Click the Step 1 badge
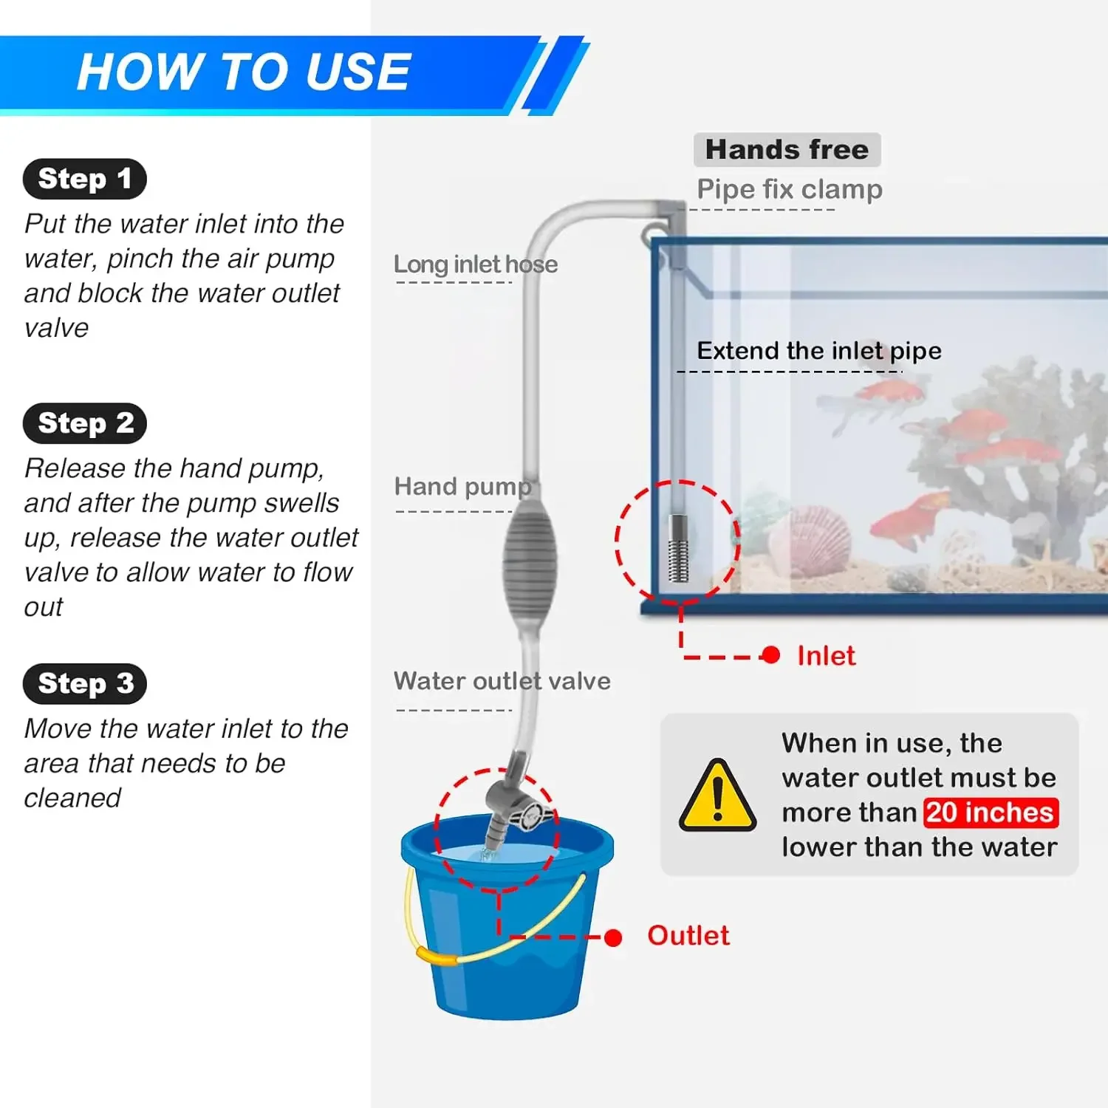click(84, 179)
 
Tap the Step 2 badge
click(85, 423)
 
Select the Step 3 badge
click(85, 683)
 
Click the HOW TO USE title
click(243, 72)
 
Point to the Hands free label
click(787, 150)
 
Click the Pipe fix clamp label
click(789, 190)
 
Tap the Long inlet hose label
click(475, 264)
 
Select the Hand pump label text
click(462, 487)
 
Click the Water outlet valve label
click(502, 681)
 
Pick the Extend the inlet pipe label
click(818, 351)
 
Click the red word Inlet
click(826, 656)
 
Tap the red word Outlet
click(688, 936)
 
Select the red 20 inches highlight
click(990, 813)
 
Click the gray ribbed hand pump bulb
click(530, 564)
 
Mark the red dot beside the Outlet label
click(612, 937)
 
